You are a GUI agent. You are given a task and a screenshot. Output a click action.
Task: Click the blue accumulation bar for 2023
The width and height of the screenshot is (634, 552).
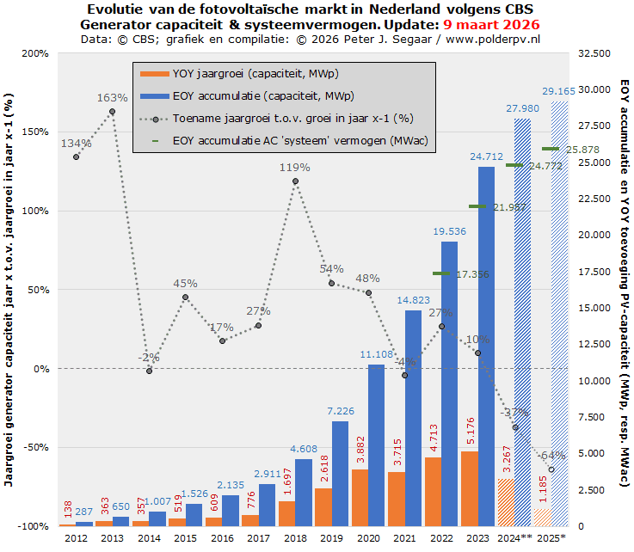pyautogui.click(x=486, y=344)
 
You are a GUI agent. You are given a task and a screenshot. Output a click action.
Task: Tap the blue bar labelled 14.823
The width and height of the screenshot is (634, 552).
pyautogui.click(x=413, y=417)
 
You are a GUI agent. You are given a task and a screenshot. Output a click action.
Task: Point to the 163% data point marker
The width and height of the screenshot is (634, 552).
pyautogui.click(x=113, y=111)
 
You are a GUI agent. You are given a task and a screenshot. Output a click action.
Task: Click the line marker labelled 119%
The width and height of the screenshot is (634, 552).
pyautogui.click(x=296, y=181)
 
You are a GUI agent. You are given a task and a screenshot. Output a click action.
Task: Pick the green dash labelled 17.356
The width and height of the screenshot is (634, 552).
pyautogui.click(x=441, y=273)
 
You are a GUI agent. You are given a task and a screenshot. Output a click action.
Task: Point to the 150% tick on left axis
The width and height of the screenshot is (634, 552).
pyautogui.click(x=34, y=132)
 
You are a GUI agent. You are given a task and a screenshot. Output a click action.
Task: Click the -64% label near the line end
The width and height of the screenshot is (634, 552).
pyautogui.click(x=552, y=454)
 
